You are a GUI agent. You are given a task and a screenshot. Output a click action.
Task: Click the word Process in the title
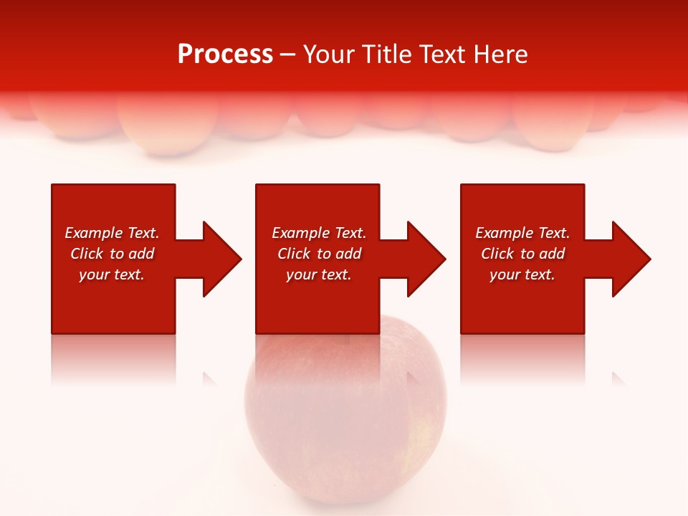225,54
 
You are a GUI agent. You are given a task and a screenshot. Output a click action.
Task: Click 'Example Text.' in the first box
112,233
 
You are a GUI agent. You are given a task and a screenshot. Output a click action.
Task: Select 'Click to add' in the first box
112,254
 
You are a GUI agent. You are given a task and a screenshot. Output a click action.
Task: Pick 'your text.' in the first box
112,274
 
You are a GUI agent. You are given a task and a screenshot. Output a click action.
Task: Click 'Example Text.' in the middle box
319,233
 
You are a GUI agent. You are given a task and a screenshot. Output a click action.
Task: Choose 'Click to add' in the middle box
319,254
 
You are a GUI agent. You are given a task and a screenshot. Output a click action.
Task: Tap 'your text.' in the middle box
319,274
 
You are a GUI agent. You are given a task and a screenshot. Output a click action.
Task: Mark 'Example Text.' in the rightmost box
522,233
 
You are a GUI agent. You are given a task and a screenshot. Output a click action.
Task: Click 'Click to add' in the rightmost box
522,254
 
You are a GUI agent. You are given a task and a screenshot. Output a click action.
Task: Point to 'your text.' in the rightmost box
522,274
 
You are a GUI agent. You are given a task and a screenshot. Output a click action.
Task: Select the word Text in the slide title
443,54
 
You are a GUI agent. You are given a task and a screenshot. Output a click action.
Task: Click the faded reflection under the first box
113,358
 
